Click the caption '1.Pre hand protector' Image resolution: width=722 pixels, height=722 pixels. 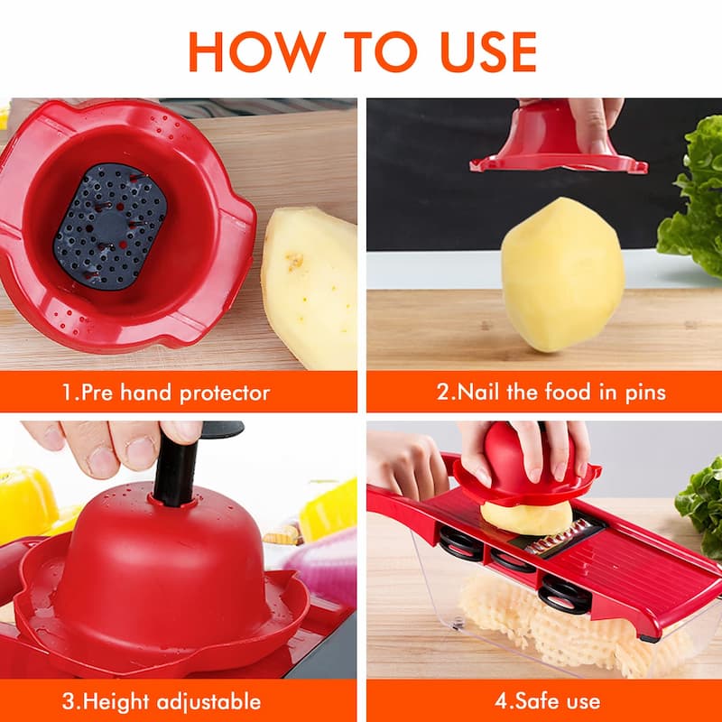pos(165,393)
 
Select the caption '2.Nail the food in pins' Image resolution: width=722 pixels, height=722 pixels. pos(551,393)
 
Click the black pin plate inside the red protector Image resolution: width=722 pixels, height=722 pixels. pos(109,225)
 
